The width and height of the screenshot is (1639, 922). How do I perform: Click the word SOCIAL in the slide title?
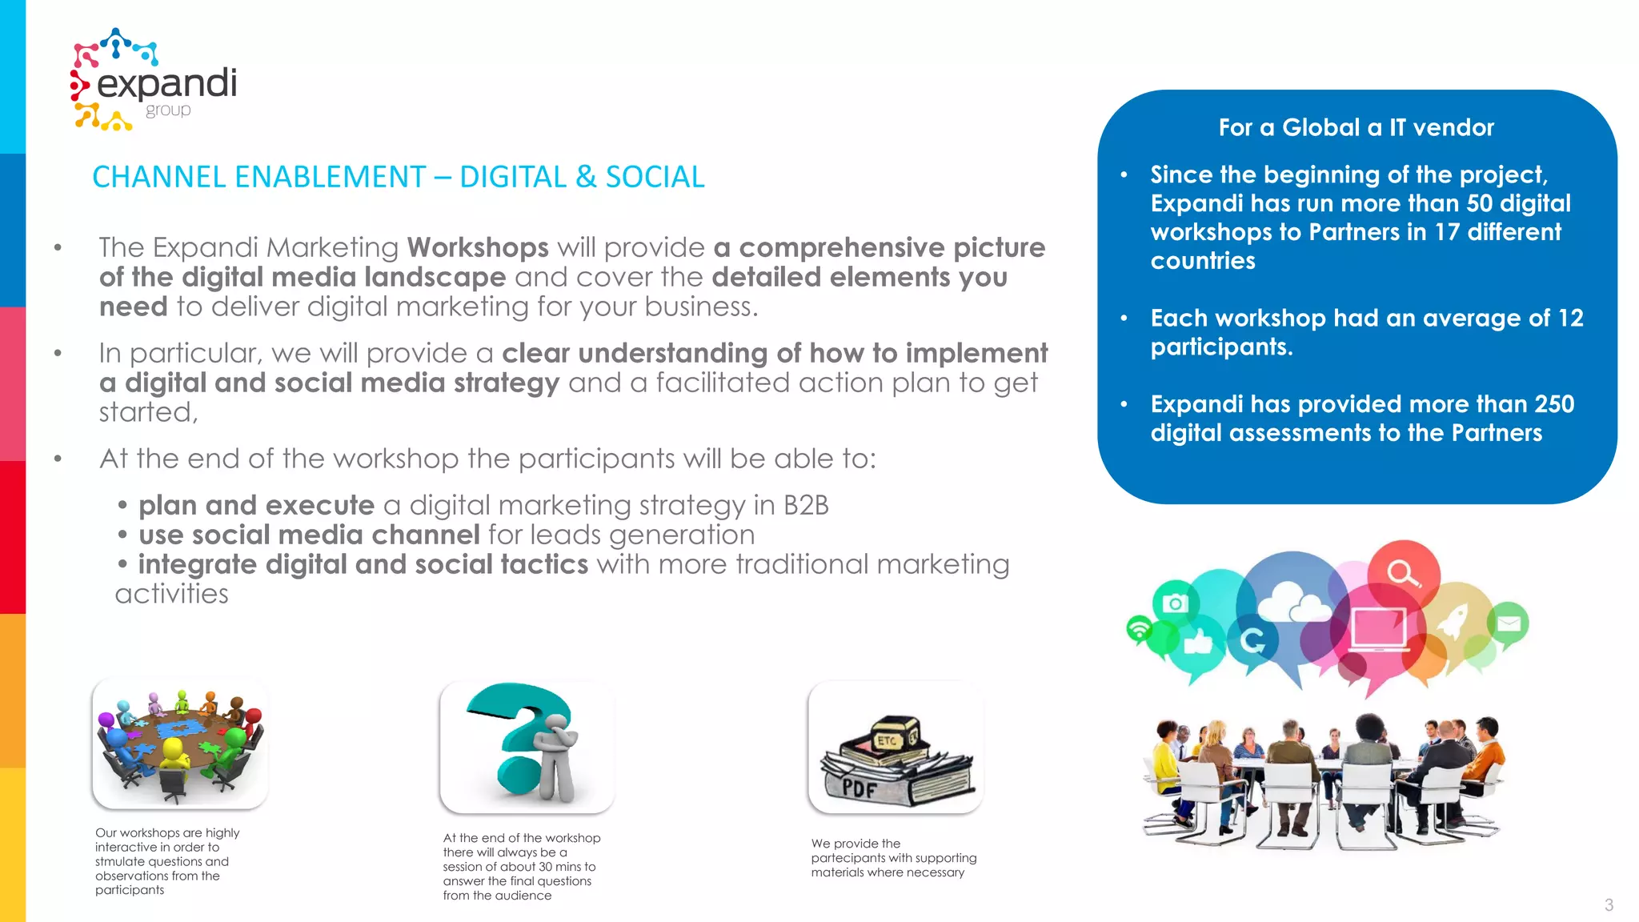coord(655,177)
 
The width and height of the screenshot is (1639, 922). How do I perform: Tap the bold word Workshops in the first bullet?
coord(478,247)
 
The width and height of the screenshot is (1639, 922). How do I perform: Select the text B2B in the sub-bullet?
coord(806,505)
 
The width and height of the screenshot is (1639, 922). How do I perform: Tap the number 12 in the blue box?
coord(1570,318)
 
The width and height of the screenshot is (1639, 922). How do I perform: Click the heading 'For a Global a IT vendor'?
coord(1356,127)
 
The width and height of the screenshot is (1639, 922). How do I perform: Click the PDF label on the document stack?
coord(860,788)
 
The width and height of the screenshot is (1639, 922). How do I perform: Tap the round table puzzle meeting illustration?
coord(180,742)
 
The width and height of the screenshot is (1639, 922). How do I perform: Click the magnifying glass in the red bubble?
coord(1403,573)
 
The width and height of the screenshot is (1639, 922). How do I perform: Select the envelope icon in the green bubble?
coord(1509,622)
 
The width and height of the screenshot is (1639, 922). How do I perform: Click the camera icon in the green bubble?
coord(1175,603)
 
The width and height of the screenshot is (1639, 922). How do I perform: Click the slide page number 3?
coord(1609,905)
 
